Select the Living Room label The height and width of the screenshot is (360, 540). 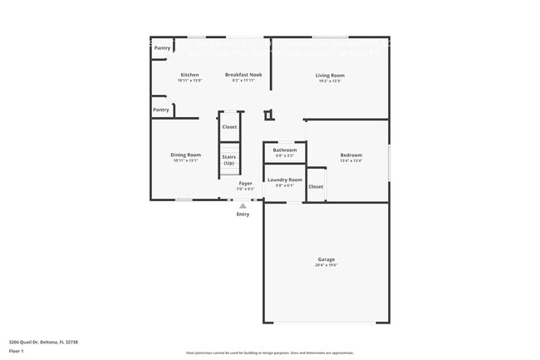point(330,76)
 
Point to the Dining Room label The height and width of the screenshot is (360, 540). point(186,155)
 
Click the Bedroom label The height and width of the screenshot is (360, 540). point(351,155)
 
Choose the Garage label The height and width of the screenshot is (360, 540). point(326,259)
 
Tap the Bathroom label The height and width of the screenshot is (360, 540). point(284,150)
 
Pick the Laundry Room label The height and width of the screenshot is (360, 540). point(284,180)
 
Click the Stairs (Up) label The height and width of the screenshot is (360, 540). point(229,159)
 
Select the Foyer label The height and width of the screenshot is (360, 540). point(246,183)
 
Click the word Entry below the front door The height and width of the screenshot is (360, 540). point(243,215)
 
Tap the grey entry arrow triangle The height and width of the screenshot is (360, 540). point(243,205)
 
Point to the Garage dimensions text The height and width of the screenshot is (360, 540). point(326,265)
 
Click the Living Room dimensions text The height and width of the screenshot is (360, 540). point(330,81)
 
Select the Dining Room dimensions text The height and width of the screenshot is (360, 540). point(186,160)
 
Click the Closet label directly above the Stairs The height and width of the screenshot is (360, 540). point(229,126)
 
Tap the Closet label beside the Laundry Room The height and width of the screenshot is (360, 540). point(316,186)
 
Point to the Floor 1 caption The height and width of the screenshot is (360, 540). point(17,352)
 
